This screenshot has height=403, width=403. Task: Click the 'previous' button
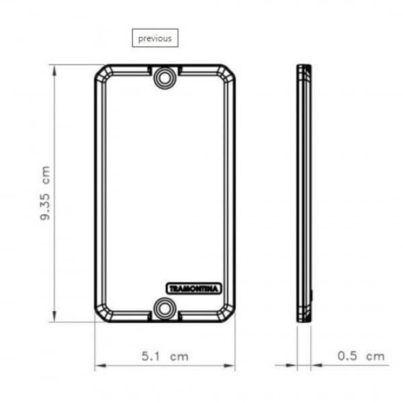coord(155,38)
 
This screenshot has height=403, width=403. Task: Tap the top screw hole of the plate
coord(165,78)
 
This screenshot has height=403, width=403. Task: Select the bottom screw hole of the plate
coord(165,309)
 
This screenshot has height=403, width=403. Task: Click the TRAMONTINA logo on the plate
coord(194,289)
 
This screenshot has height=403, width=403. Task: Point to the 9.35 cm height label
coord(45,193)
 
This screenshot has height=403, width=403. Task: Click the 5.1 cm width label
coord(165,357)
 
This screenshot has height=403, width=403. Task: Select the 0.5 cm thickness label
coord(361,356)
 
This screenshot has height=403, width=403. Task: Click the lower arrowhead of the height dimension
coord(54,316)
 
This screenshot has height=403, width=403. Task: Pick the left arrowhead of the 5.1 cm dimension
coord(101,365)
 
